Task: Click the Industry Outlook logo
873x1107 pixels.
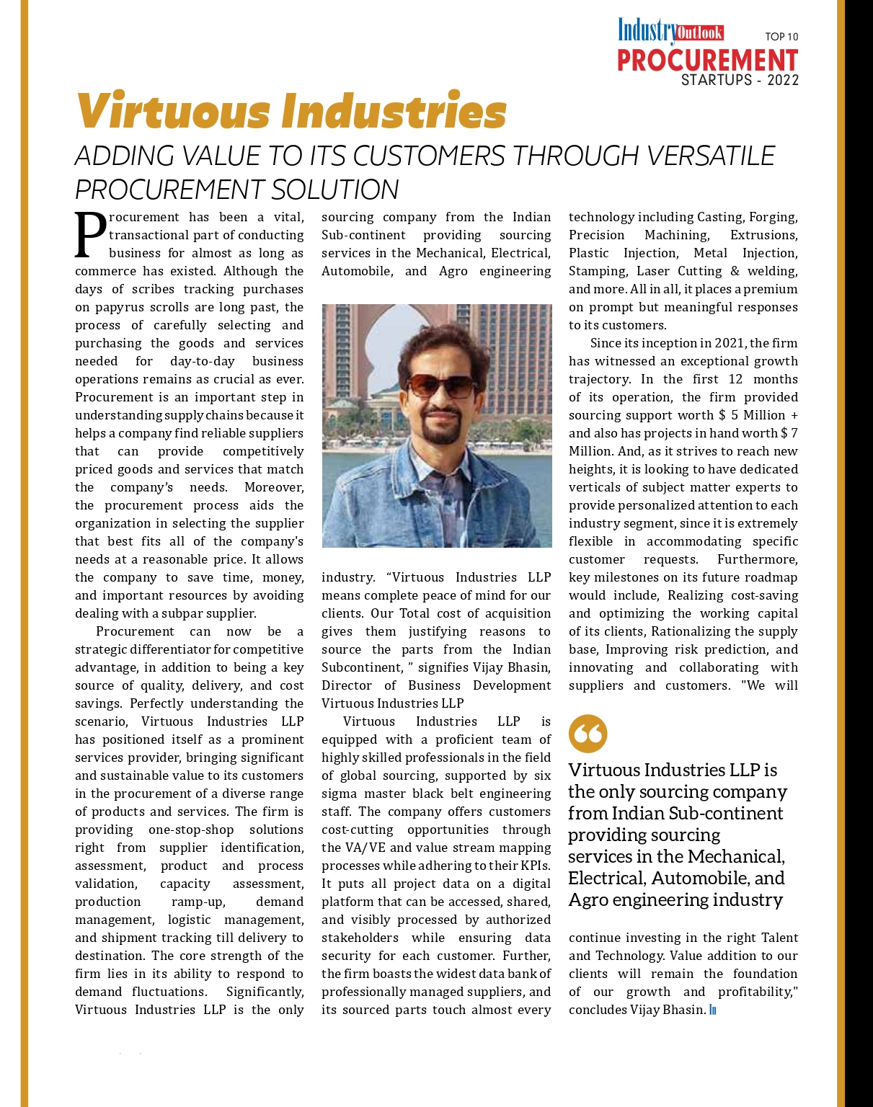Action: pyautogui.click(x=670, y=32)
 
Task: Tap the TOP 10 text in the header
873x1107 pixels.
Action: pyautogui.click(x=781, y=37)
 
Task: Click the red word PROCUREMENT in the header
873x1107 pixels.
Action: pyautogui.click(x=707, y=61)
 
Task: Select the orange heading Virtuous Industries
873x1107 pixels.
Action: pyautogui.click(x=291, y=112)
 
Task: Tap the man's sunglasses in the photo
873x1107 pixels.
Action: pyautogui.click(x=440, y=386)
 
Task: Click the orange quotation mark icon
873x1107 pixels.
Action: pyautogui.click(x=588, y=734)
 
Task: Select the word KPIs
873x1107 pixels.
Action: pyautogui.click(x=535, y=866)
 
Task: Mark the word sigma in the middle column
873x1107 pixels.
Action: pyautogui.click(x=340, y=793)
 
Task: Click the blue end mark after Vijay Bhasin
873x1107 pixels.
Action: pyautogui.click(x=713, y=1010)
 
